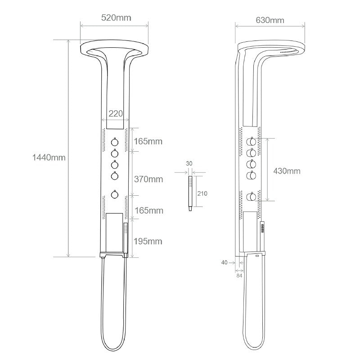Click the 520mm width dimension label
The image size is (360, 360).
[116, 18]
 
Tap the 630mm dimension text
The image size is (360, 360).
[270, 20]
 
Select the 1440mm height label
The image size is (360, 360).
[49, 157]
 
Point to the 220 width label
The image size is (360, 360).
[116, 113]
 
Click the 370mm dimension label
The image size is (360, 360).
[148, 179]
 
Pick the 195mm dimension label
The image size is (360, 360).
[148, 241]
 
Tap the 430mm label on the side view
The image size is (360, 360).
[287, 171]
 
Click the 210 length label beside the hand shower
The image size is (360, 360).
[202, 193]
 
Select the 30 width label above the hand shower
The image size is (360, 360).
[189, 163]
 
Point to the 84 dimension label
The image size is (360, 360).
[239, 275]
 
